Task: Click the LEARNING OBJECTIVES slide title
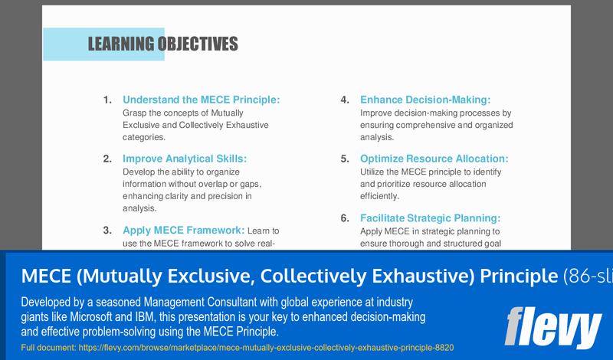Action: click(162, 44)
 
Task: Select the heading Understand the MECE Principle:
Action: click(202, 100)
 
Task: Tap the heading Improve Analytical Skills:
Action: click(185, 159)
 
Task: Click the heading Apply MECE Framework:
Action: click(183, 230)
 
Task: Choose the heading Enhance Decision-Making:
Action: click(425, 100)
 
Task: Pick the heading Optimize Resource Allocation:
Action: click(434, 159)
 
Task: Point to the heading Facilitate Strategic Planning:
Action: click(431, 218)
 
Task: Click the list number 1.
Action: click(108, 100)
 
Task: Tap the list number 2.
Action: click(108, 159)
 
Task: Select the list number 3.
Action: click(108, 230)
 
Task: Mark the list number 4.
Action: click(346, 100)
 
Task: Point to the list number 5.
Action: click(346, 159)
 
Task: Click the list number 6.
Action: click(346, 218)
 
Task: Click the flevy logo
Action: click(552, 327)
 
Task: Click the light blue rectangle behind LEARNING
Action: click(64, 44)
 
